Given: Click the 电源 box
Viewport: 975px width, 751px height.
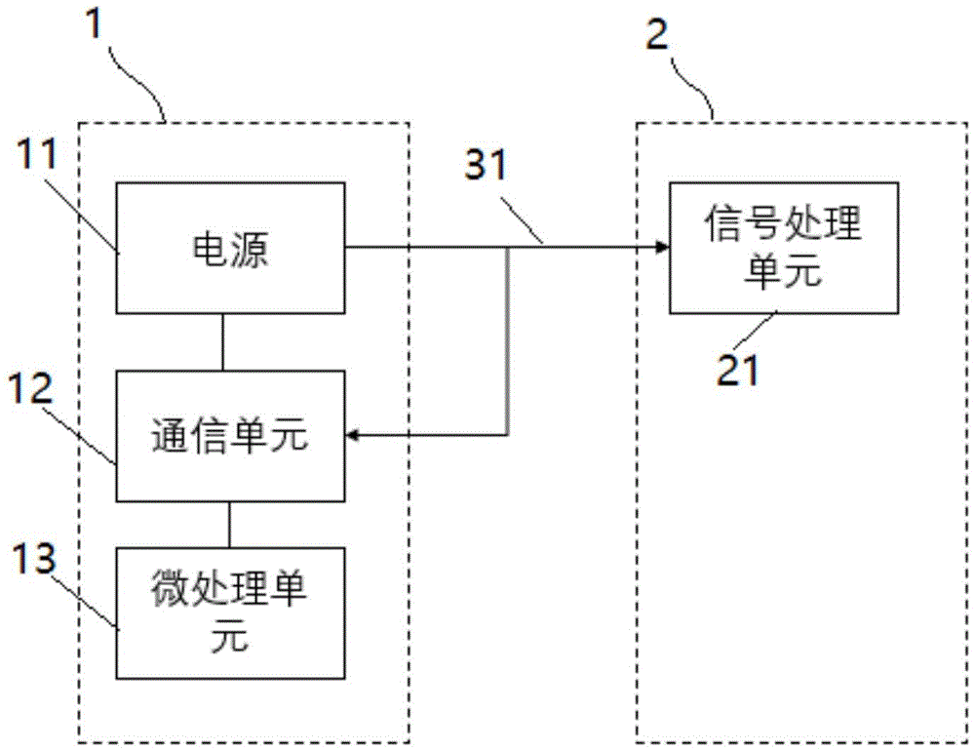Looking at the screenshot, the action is point(231,248).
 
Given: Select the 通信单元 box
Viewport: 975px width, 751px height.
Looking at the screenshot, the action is point(231,436).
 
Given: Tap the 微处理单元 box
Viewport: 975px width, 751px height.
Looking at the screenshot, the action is point(231,613).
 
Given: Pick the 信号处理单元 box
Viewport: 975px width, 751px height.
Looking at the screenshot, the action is point(784,248).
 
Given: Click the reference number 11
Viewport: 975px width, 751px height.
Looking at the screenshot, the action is point(36,154).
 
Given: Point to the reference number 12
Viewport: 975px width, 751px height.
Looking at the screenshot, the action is point(32,388).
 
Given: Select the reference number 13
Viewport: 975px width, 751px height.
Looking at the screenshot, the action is point(34,558).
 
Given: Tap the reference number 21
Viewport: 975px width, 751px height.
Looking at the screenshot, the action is point(738,371).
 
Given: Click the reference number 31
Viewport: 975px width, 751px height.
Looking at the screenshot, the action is point(487,166).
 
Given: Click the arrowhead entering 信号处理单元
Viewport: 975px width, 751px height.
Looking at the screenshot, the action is point(663,248).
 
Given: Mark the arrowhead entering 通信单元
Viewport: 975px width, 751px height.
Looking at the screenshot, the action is point(352,436).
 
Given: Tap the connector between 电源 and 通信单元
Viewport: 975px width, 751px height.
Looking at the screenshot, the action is point(222,342).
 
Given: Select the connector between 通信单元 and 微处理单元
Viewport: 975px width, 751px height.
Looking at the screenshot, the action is point(229,525).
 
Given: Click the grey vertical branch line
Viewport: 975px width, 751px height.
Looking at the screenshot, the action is point(509,341).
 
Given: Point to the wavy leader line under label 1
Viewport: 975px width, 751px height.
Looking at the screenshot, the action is point(138,84).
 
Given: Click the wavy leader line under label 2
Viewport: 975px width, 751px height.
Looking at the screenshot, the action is point(692,84).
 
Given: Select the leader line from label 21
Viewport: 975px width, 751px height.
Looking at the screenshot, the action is point(757,331).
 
